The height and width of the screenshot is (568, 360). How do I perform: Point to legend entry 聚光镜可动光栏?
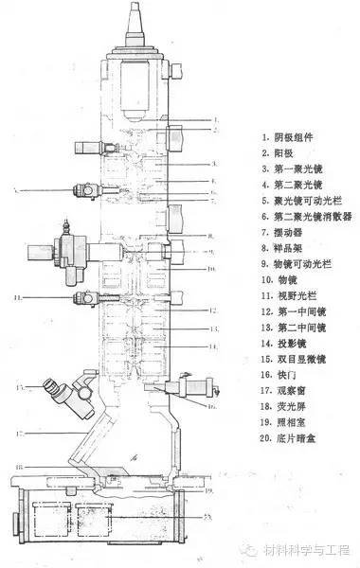coord(294,201)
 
